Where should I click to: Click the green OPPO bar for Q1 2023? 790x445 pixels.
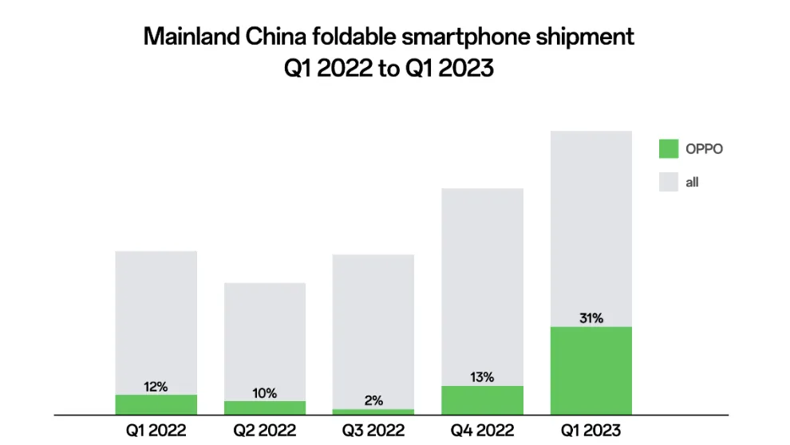(591, 370)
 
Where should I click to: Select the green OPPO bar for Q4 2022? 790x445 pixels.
(482, 400)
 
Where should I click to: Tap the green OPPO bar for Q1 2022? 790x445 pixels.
(156, 404)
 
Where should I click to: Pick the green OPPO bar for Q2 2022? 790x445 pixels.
(265, 408)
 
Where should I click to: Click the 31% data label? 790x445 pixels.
(591, 318)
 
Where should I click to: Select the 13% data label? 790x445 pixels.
(482, 377)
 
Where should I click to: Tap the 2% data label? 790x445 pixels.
(373, 400)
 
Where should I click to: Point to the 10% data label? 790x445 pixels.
(265, 393)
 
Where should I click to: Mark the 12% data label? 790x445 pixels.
(156, 387)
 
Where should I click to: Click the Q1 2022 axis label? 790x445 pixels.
(156, 431)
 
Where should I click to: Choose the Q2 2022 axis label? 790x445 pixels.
(265, 431)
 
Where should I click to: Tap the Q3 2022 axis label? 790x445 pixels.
(373, 431)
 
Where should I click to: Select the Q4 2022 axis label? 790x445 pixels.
(482, 431)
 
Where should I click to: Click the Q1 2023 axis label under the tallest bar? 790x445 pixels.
(591, 431)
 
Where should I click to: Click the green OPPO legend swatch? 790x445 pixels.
(669, 148)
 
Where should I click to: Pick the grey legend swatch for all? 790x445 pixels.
(669, 183)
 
